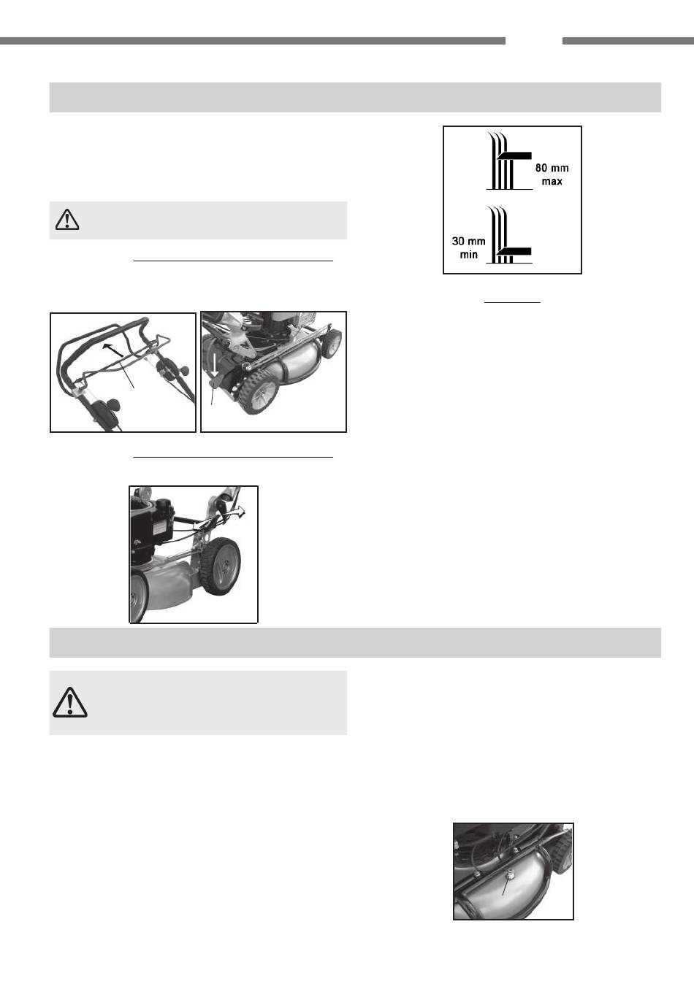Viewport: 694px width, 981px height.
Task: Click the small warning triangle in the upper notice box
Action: pyautogui.click(x=67, y=220)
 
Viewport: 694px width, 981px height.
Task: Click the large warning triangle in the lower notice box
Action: pyautogui.click(x=69, y=702)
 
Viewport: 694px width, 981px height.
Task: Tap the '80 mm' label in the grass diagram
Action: pyautogui.click(x=552, y=168)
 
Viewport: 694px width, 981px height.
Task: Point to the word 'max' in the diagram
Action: pyautogui.click(x=552, y=181)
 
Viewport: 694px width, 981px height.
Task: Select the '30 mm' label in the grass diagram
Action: pyautogui.click(x=469, y=241)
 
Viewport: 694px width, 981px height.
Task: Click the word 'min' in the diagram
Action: pyautogui.click(x=469, y=255)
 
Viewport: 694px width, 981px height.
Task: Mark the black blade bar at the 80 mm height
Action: pyautogui.click(x=514, y=155)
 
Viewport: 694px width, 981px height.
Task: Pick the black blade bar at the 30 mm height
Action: pyautogui.click(x=514, y=251)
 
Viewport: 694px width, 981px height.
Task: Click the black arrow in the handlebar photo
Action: pyautogui.click(x=110, y=348)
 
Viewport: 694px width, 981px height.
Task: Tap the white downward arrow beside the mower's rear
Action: pyautogui.click(x=214, y=365)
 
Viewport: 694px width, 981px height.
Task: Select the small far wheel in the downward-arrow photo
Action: pyautogui.click(x=332, y=344)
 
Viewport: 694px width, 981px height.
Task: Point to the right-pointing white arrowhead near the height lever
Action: pyautogui.click(x=240, y=512)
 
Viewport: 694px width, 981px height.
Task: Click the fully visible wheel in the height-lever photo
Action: pyautogui.click(x=221, y=566)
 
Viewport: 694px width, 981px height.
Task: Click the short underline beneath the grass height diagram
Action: pyautogui.click(x=512, y=302)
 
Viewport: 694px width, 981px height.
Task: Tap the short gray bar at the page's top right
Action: pyautogui.click(x=628, y=41)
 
